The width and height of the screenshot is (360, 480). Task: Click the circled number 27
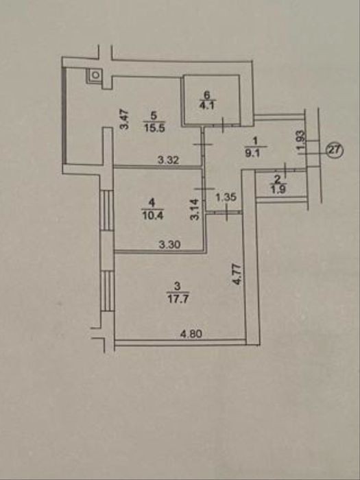[335, 151]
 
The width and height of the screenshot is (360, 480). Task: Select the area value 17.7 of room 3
[177, 299]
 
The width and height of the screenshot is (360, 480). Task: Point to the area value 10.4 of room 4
[153, 215]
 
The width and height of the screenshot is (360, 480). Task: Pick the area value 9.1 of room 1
[254, 153]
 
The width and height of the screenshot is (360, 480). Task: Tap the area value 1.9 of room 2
[278, 189]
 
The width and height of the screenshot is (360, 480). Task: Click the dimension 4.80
[192, 334]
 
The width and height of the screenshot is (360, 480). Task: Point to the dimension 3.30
[169, 244]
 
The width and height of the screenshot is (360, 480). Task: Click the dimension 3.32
[169, 160]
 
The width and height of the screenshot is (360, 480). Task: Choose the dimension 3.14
[195, 209]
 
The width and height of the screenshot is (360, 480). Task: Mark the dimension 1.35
[226, 197]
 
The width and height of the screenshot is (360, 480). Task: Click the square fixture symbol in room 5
[95, 75]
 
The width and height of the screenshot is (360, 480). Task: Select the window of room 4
[107, 211]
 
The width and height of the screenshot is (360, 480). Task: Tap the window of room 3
[107, 290]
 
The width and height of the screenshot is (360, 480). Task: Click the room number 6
[208, 95]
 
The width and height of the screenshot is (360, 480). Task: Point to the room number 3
[177, 288]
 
